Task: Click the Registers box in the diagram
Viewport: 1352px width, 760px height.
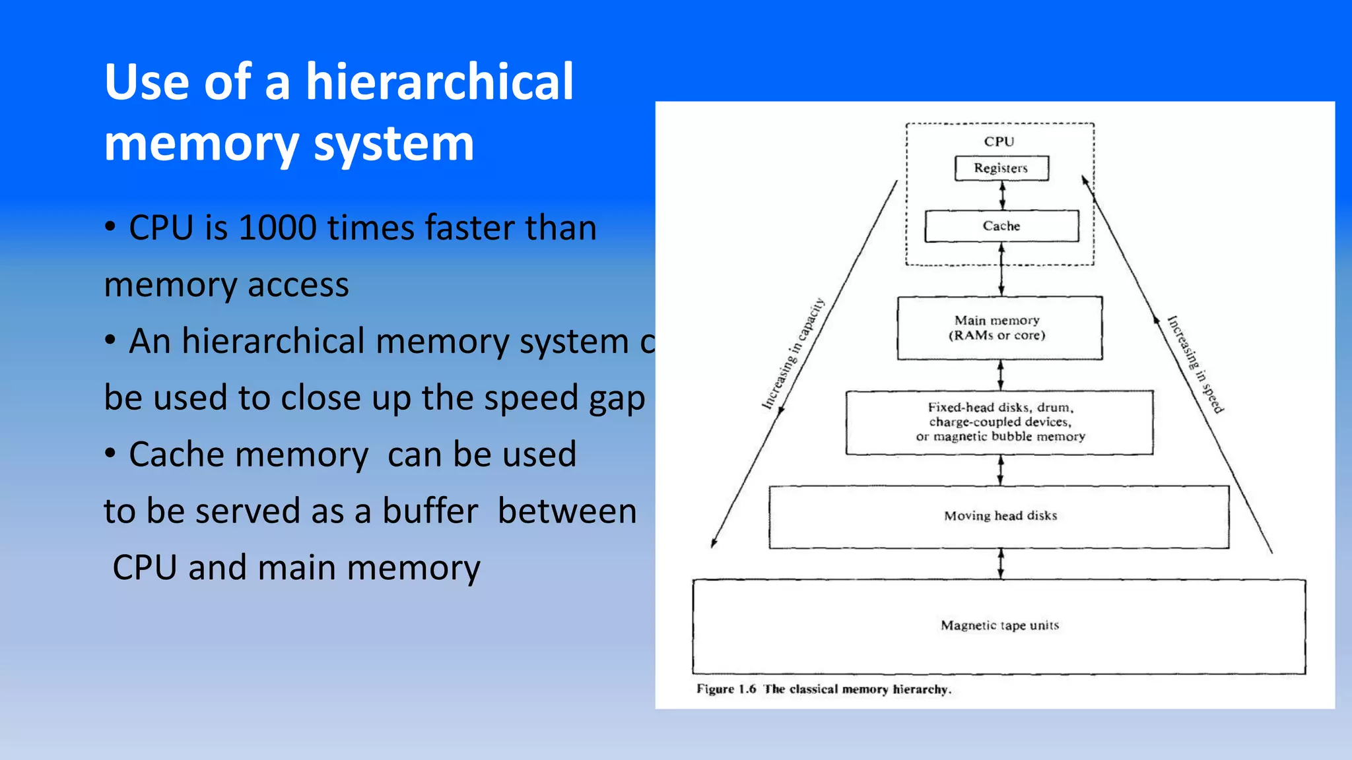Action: click(1001, 168)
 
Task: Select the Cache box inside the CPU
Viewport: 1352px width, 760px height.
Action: click(1001, 226)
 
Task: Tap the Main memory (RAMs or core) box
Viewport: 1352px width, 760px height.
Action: click(999, 328)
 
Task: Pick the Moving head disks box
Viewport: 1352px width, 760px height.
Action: click(999, 517)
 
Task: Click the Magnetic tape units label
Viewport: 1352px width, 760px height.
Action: click(999, 625)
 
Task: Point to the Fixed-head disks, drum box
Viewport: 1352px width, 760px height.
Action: click(999, 422)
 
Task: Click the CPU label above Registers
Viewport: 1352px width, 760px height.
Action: click(999, 141)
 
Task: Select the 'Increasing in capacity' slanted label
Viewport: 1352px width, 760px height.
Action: click(793, 354)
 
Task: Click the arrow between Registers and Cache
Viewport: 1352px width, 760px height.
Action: click(1002, 195)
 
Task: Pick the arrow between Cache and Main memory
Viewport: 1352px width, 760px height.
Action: click(1001, 269)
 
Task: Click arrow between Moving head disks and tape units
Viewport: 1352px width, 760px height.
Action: click(1001, 564)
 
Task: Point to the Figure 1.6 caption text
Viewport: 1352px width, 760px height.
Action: click(823, 689)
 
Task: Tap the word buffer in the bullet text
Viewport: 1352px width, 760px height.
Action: click(430, 511)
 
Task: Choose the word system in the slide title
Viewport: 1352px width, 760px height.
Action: click(393, 144)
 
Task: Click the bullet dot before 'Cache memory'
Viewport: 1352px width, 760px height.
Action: click(110, 454)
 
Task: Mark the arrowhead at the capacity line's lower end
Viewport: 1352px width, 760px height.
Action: click(714, 544)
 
